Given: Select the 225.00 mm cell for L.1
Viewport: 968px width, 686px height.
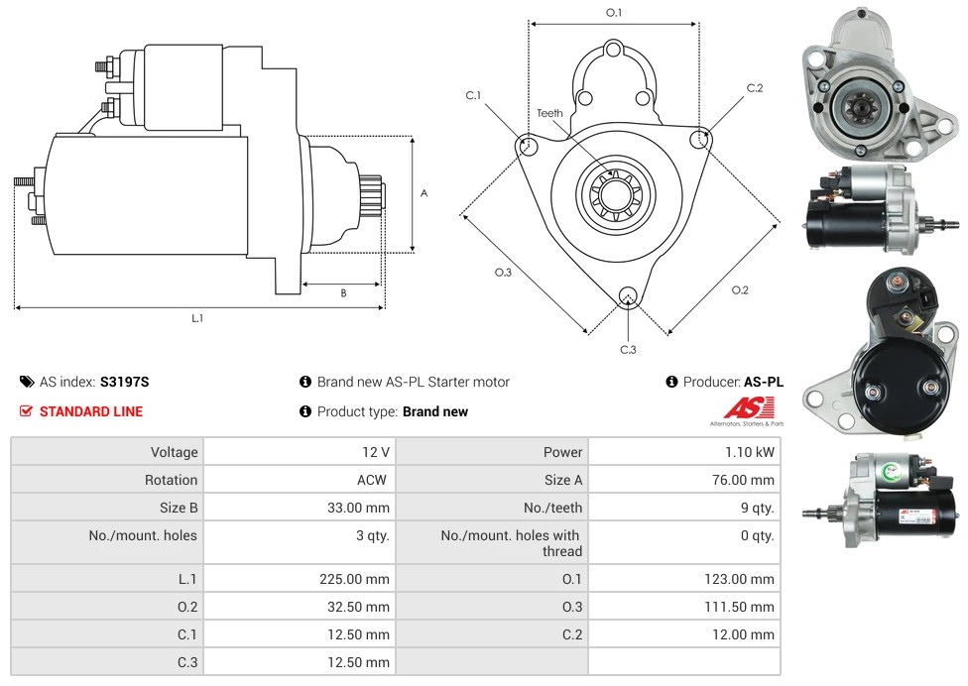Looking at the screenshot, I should pyautogui.click(x=354, y=579).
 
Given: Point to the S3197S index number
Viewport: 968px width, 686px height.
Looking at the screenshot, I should pyautogui.click(x=124, y=382).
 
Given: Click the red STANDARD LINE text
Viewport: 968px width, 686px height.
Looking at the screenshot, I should pyautogui.click(x=91, y=411).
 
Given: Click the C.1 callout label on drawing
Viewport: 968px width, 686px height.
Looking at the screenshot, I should pyautogui.click(x=473, y=96).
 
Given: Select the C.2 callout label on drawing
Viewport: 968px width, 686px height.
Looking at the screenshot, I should pyautogui.click(x=755, y=88).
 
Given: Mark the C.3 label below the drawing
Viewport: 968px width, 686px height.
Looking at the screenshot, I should pyautogui.click(x=628, y=349).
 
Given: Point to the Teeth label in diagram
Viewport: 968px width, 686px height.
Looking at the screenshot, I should pyautogui.click(x=549, y=113).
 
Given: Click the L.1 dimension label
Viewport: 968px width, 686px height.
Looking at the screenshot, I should pyautogui.click(x=197, y=318).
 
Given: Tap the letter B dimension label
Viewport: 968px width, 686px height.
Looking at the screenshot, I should pyautogui.click(x=343, y=292).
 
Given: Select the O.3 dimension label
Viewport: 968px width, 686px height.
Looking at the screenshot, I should pyautogui.click(x=503, y=273).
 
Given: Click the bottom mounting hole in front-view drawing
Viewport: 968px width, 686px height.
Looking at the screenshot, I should pyautogui.click(x=627, y=295).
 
